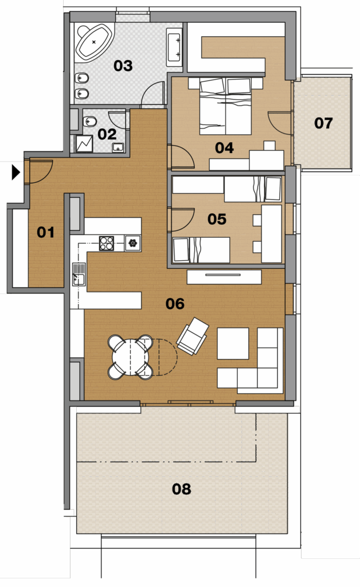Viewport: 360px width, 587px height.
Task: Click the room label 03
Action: pos(123,66)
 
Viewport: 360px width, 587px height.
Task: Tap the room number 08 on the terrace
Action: pos(182,488)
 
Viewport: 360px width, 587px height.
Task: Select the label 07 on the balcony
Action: pos(323,123)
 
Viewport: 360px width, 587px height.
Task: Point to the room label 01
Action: pos(46,232)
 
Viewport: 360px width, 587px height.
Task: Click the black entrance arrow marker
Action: pos(15,172)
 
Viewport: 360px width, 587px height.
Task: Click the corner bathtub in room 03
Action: pos(94,42)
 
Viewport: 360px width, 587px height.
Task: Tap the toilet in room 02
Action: pos(89,122)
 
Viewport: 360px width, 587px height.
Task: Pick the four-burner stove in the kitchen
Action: pos(106,243)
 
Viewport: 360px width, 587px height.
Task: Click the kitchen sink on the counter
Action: pos(79,274)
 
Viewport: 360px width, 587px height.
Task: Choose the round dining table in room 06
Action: pos(130,357)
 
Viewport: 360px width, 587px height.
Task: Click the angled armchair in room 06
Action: pos(193,336)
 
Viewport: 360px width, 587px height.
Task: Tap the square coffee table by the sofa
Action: pos(233,343)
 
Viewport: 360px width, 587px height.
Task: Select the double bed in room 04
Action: pos(225,106)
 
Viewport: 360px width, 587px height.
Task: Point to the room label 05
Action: pos(217,219)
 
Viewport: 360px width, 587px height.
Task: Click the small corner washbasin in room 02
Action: pos(118,147)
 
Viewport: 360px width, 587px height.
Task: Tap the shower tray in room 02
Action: pos(84,143)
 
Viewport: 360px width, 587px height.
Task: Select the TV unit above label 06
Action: pos(224,277)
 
